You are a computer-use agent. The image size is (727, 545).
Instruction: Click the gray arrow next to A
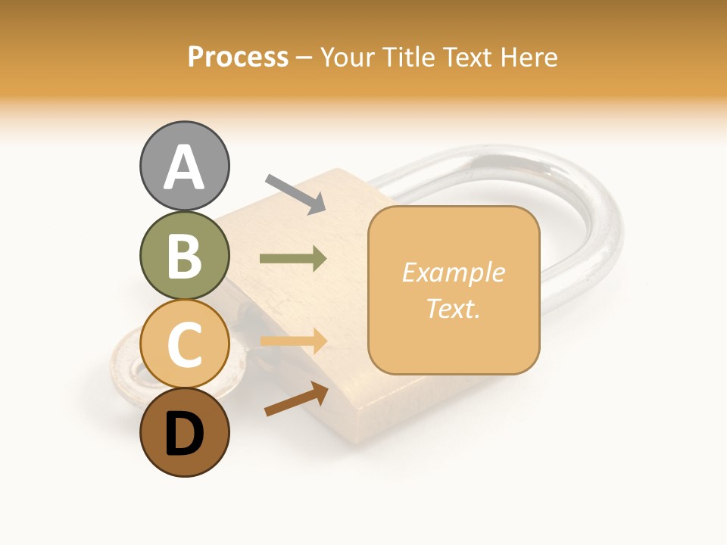295,194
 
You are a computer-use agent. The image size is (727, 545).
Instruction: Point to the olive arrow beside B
293,259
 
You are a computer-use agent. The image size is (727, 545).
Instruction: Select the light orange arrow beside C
293,341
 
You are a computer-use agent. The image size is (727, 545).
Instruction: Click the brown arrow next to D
296,400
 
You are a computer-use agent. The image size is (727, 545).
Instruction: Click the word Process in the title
238,58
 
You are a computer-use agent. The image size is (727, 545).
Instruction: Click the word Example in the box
453,272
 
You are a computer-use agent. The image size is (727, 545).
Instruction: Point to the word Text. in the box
453,308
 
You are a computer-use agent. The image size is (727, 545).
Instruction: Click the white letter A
184,167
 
